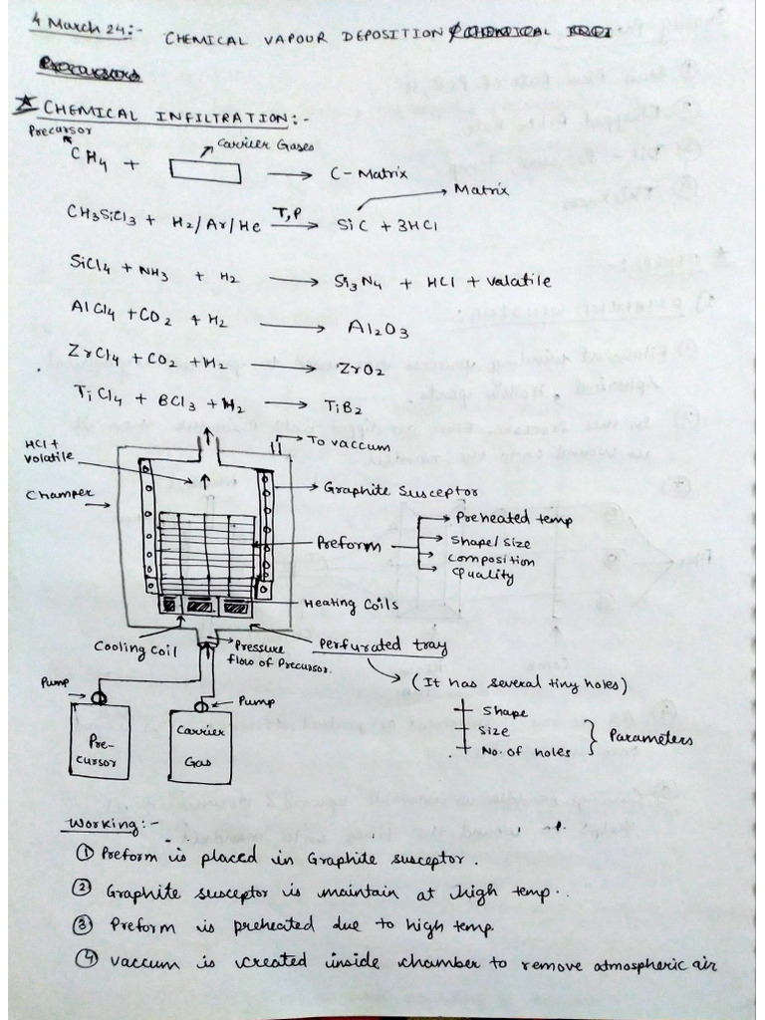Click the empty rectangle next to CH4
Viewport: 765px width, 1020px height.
point(205,169)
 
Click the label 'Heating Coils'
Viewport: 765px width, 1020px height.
point(351,604)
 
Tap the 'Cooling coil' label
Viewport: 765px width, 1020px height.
point(128,646)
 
